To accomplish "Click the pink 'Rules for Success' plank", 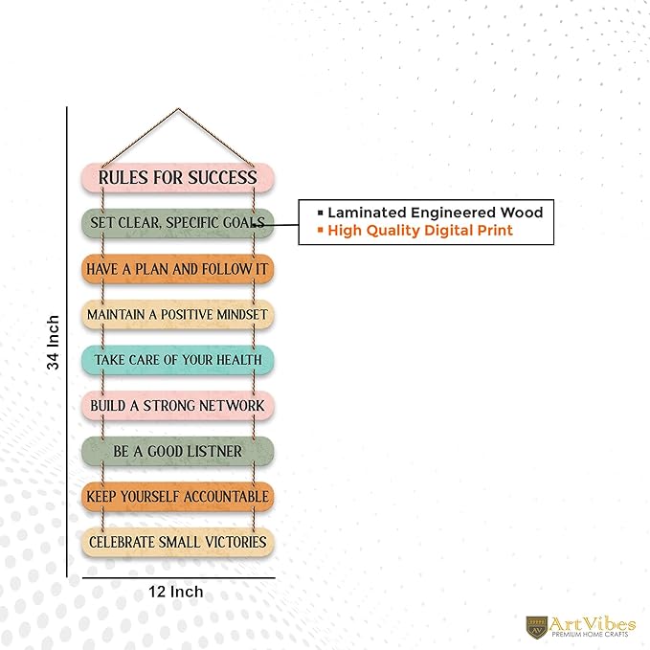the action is pyautogui.click(x=178, y=178).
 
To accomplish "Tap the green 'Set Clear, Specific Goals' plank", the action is pyautogui.click(x=178, y=223).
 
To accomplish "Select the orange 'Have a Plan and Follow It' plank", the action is pyautogui.click(x=178, y=269).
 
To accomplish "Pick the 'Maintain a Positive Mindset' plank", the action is pyautogui.click(x=178, y=315).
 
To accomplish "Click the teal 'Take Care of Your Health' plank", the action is pyautogui.click(x=178, y=360).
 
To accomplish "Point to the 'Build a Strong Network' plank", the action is pyautogui.click(x=178, y=406).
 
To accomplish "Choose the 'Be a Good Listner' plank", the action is pyautogui.click(x=178, y=451).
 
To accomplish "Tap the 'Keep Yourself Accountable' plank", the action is pyautogui.click(x=178, y=497).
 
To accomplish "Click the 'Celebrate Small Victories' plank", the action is pyautogui.click(x=178, y=542).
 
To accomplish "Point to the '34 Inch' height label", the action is pyautogui.click(x=53, y=343).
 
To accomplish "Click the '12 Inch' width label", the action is pyautogui.click(x=176, y=592).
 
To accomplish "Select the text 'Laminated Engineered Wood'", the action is pyautogui.click(x=436, y=213).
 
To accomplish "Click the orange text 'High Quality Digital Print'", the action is pyautogui.click(x=420, y=231).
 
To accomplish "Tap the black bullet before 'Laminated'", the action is pyautogui.click(x=320, y=213).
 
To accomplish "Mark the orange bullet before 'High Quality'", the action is pyautogui.click(x=320, y=230).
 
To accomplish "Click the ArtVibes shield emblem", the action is pyautogui.click(x=537, y=627).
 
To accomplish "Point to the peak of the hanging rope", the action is pyautogui.click(x=178, y=109).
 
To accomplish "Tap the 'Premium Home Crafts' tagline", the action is pyautogui.click(x=590, y=635).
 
